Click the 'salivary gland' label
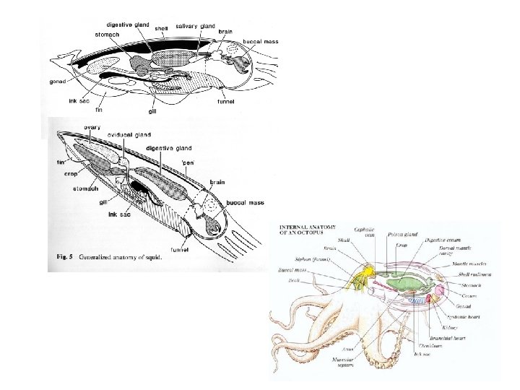[196, 26]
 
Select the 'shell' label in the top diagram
[161, 28]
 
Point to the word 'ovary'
[92, 127]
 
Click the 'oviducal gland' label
[129, 134]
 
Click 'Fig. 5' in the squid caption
[68, 257]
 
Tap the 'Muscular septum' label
[365, 363]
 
